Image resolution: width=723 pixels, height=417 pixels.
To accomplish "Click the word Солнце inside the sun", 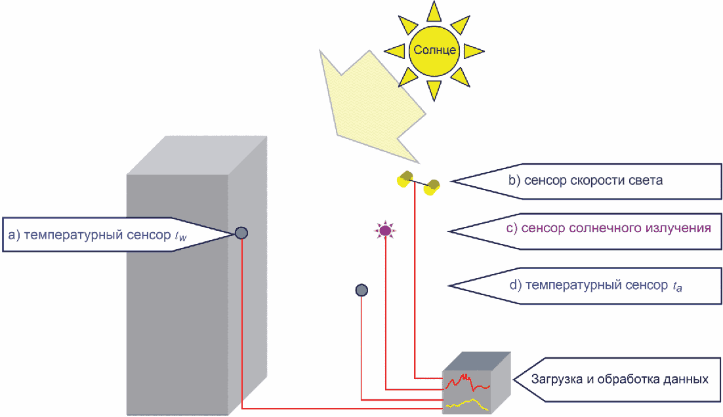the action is [434, 50].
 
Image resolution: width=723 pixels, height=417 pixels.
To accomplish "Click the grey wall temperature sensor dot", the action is [241, 233].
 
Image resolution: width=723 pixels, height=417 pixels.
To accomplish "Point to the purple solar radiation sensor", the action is [385, 230].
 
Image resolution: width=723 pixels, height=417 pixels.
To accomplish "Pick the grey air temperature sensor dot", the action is [361, 290].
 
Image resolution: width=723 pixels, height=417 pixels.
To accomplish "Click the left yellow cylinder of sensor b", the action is [404, 179].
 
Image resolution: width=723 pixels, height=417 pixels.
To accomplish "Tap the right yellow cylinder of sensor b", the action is [432, 187].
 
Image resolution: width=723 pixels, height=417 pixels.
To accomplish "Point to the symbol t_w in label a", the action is [181, 236].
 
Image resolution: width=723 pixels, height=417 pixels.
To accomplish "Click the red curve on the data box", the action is [466, 382].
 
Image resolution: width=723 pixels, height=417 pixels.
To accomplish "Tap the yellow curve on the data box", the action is [466, 404].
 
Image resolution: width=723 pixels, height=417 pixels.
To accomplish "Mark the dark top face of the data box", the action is [477, 361].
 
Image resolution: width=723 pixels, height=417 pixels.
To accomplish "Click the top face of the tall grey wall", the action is [197, 155].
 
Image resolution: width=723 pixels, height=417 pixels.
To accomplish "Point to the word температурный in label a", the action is [73, 235].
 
